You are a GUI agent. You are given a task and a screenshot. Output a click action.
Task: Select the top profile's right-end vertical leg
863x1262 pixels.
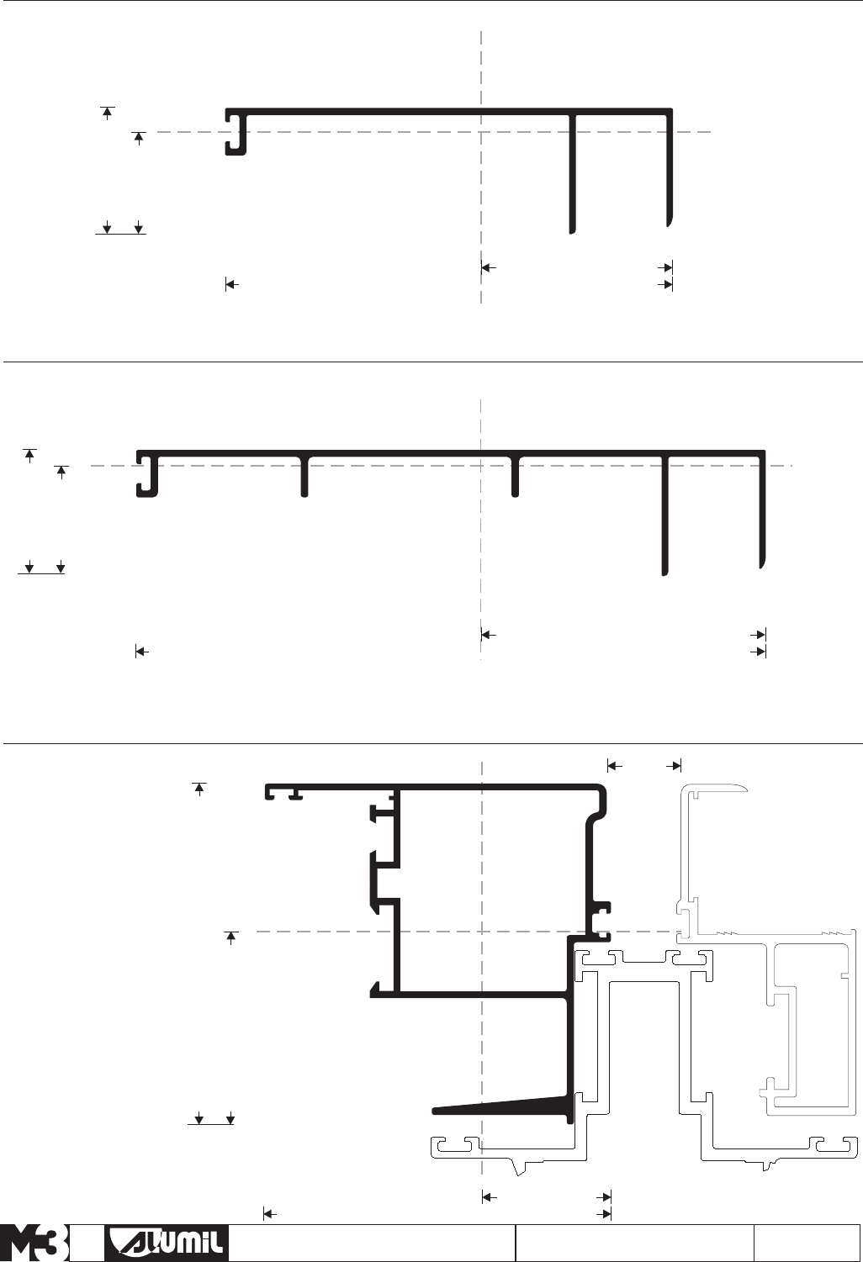click(670, 168)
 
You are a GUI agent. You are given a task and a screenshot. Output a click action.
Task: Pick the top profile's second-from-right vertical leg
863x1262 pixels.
click(572, 172)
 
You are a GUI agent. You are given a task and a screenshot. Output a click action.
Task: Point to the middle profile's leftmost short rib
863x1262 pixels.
click(304, 477)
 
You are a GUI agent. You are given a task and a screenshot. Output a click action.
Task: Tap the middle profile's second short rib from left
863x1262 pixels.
click(516, 477)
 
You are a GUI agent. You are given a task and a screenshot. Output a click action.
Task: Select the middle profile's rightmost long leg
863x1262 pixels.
click(762, 513)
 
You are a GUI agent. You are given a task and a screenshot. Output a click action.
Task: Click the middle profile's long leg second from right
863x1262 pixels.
click(664, 517)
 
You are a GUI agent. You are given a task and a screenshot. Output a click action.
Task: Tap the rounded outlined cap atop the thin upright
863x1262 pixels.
click(719, 788)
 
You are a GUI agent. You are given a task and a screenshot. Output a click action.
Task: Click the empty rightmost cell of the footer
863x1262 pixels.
click(807, 1244)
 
